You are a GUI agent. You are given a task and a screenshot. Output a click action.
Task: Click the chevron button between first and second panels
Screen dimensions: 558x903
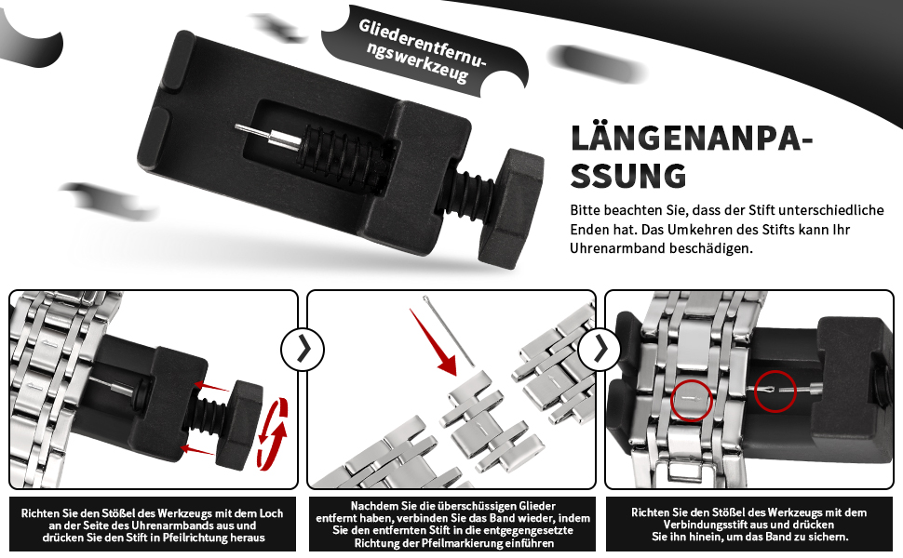(303, 350)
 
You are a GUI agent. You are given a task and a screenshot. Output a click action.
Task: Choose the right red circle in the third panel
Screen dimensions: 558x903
(775, 391)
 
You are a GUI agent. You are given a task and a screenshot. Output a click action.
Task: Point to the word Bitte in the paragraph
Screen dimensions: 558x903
(587, 210)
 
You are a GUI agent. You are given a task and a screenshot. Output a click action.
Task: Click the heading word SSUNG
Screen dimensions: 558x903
(628, 176)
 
